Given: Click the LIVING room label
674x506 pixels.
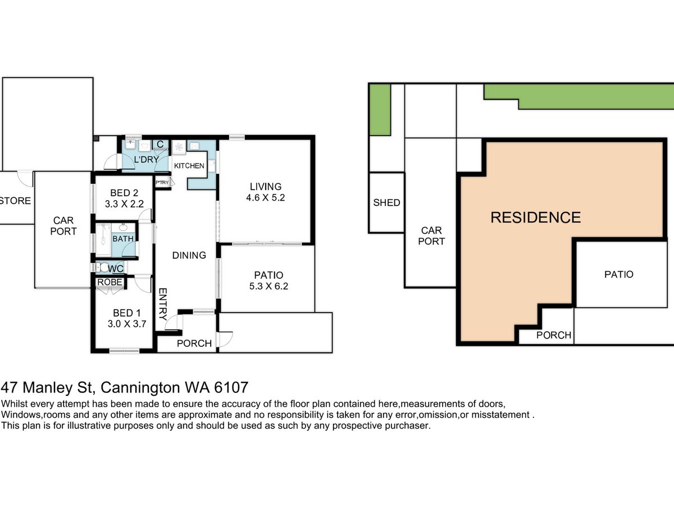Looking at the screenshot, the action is [x=266, y=187].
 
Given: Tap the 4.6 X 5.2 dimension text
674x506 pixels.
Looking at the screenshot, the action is [x=266, y=197].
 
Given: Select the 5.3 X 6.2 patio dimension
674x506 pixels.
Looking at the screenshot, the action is [x=268, y=286].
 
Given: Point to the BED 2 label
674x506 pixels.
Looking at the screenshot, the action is [x=124, y=193].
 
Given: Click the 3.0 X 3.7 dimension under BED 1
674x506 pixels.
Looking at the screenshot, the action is [x=127, y=324].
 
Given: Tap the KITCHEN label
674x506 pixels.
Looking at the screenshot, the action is [x=189, y=166].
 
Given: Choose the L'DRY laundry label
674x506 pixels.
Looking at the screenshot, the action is [x=147, y=160].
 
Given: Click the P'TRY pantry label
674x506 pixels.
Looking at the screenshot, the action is [x=162, y=183].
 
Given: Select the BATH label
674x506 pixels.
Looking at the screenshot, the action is [x=123, y=239].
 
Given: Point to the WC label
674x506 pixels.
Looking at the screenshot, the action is [x=116, y=269].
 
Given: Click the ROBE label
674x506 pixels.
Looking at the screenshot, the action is [x=110, y=282].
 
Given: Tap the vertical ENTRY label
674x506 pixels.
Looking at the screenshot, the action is [x=162, y=304].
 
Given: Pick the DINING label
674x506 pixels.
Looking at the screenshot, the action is [x=189, y=255].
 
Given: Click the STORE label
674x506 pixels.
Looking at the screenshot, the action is [x=15, y=201].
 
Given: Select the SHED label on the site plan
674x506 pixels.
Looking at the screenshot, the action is [x=386, y=203].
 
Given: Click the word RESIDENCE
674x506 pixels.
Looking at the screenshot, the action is [x=536, y=218].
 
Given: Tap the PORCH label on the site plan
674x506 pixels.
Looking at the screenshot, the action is [x=554, y=335].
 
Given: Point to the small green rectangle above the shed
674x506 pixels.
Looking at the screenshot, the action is [x=380, y=110].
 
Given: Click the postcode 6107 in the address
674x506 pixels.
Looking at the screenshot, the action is [x=231, y=387].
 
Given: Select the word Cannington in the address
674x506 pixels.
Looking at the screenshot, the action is [x=140, y=388].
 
